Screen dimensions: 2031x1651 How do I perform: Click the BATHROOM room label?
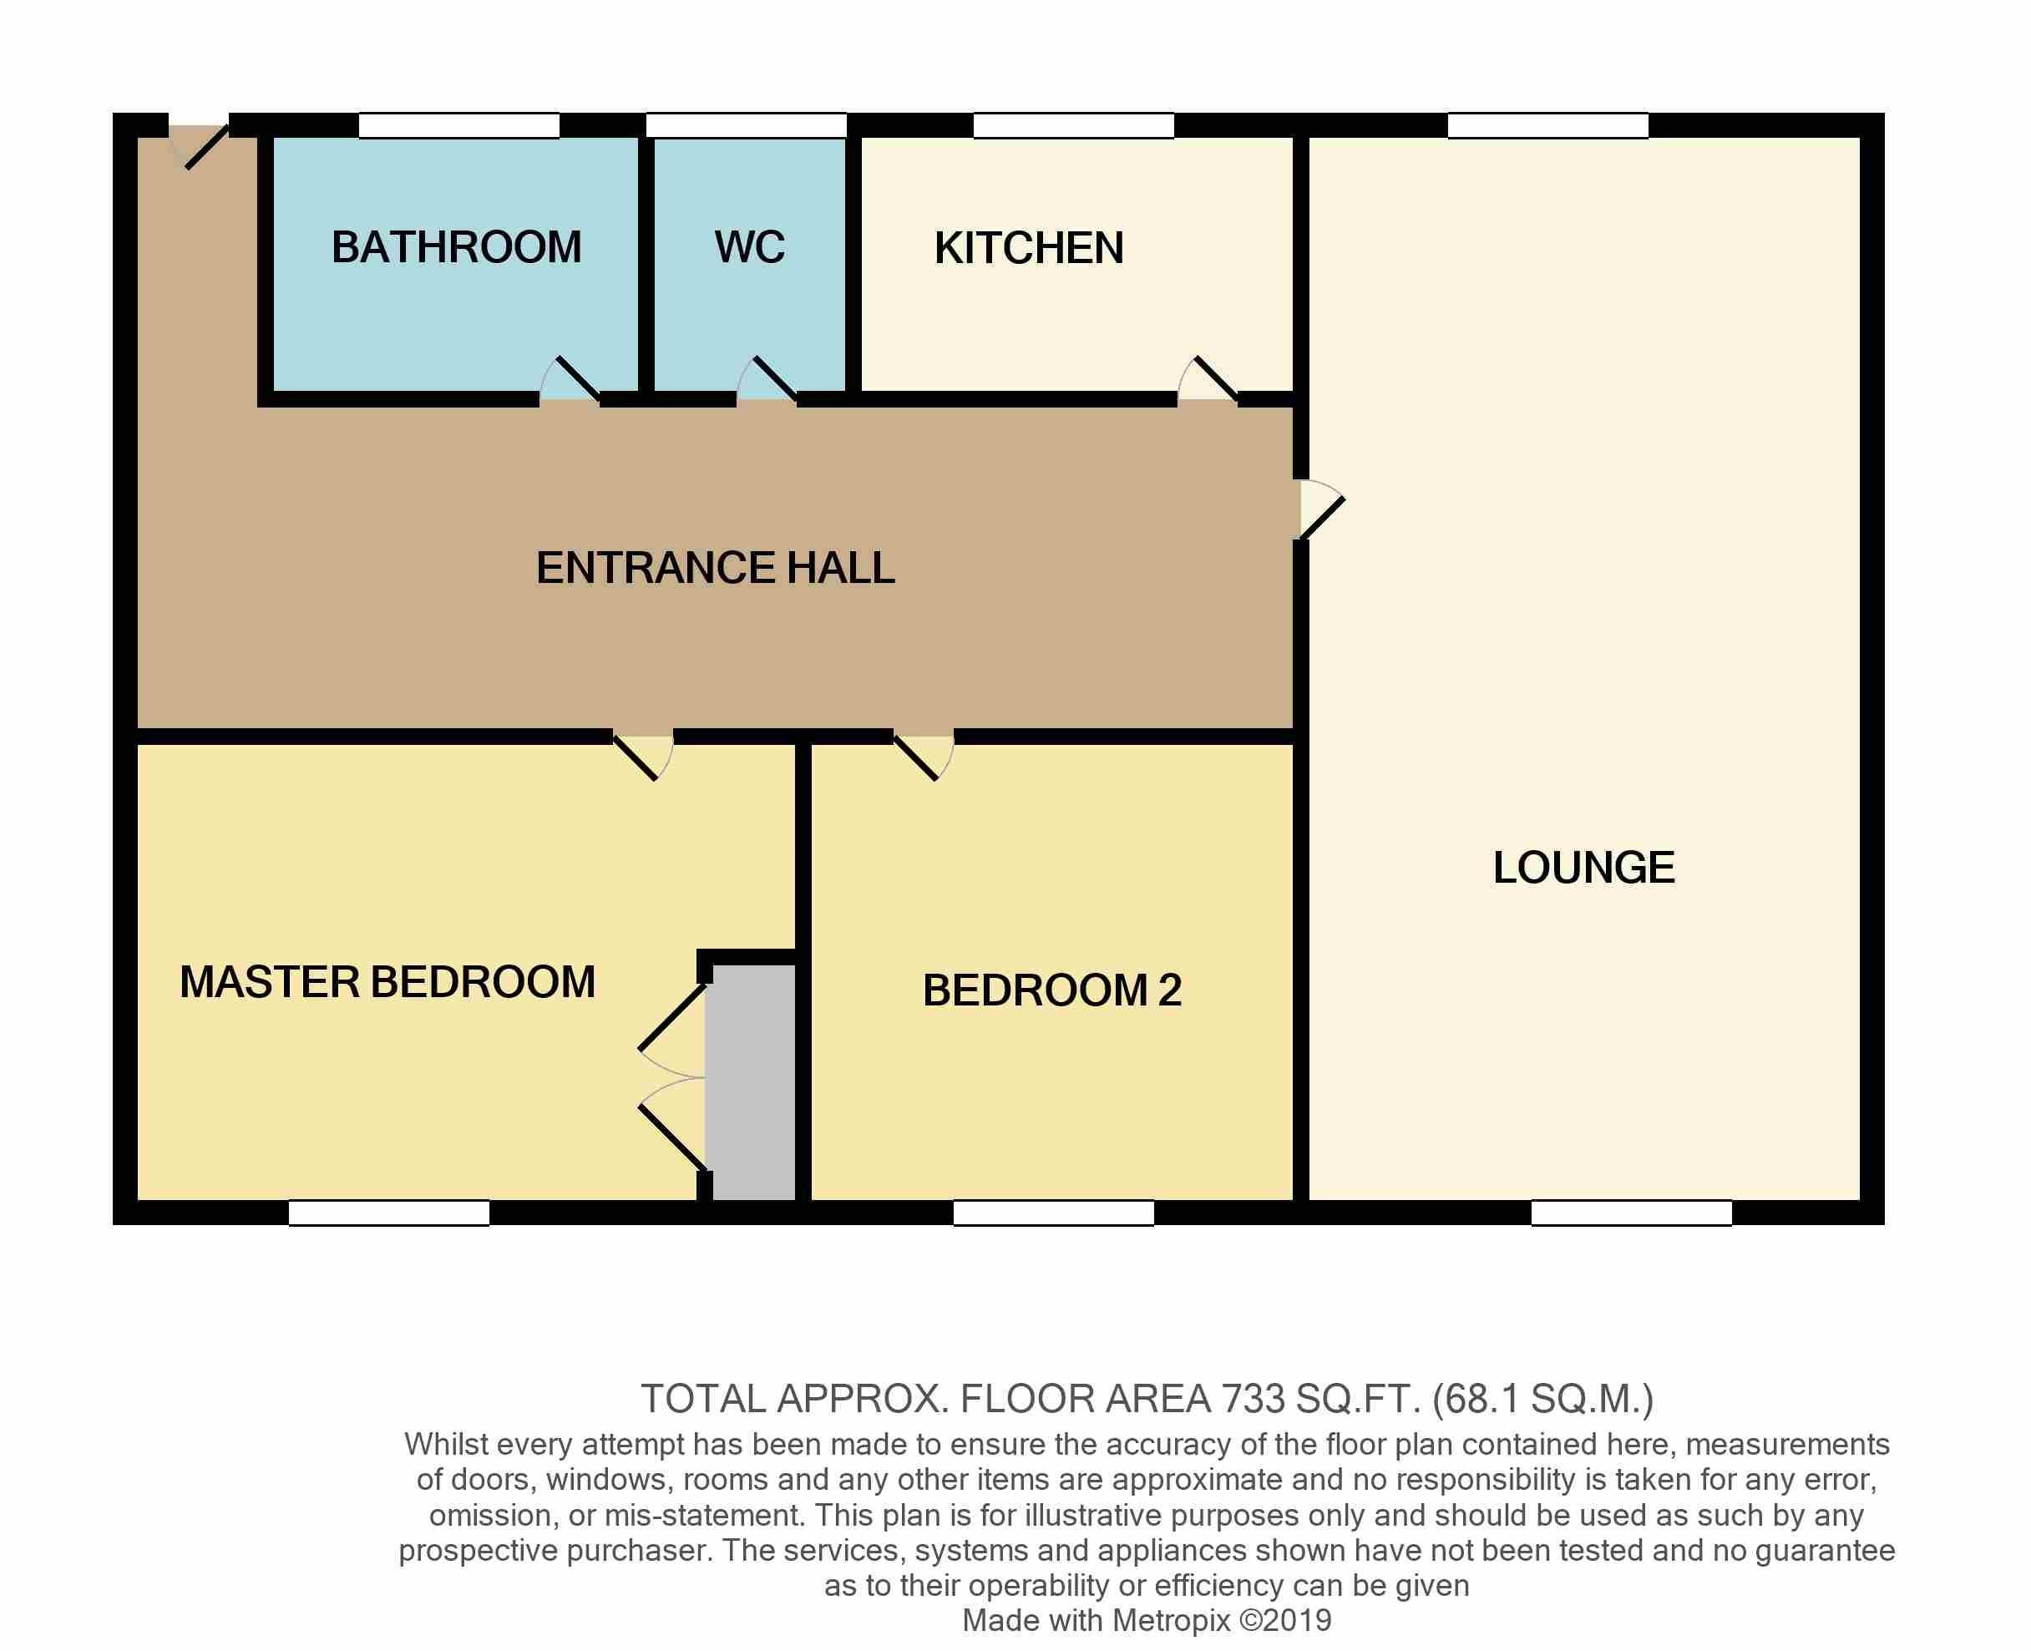coord(457,247)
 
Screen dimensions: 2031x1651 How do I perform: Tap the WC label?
coord(750,247)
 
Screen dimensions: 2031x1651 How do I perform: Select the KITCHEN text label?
coord(1029,248)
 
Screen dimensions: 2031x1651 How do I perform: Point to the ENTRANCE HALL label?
coord(715,568)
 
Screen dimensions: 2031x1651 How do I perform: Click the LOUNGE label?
coord(1584,868)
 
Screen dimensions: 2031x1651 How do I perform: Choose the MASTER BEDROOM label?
coord(388,981)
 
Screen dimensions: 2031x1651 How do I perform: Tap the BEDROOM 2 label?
coord(1051,990)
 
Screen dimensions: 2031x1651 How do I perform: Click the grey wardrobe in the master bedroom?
coord(754,1082)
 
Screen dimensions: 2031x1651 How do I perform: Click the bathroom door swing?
coord(570,381)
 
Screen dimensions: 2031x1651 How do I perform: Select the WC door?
coord(767,381)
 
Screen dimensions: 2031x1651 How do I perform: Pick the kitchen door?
coord(1208,381)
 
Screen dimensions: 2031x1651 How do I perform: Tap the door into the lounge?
coord(1319,509)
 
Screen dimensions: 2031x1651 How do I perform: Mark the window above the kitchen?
coord(1073,125)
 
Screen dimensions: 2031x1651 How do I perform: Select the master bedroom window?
coord(389,1213)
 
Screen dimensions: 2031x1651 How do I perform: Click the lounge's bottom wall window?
coord(1632,1213)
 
